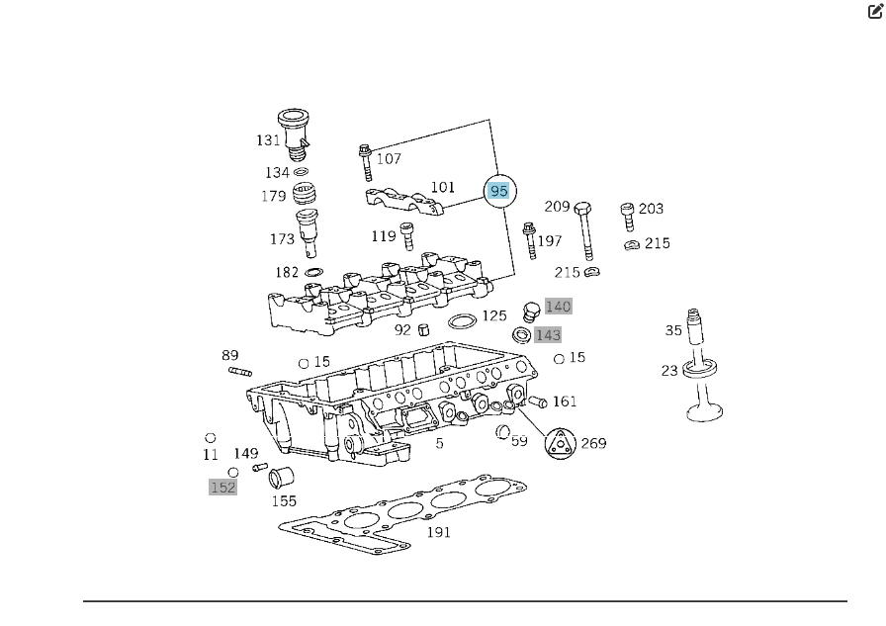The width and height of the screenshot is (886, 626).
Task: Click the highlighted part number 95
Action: (x=499, y=191)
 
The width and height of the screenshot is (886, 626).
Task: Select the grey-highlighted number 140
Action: (x=559, y=307)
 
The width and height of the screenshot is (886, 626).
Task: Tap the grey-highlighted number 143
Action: (x=548, y=335)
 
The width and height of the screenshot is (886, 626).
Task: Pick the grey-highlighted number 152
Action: (x=223, y=487)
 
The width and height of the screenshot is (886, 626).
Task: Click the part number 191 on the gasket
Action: (x=438, y=532)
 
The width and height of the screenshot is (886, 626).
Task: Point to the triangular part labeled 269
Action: (x=561, y=444)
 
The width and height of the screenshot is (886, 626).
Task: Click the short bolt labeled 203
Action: (x=626, y=216)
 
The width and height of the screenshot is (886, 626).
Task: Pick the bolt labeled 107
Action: (x=365, y=162)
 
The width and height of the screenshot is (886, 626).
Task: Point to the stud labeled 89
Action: (x=241, y=372)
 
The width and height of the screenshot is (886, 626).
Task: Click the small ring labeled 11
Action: (x=211, y=437)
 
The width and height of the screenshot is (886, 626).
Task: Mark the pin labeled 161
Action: (x=538, y=402)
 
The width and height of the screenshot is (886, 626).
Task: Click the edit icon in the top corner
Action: (x=875, y=12)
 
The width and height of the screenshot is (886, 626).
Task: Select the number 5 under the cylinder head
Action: (x=440, y=443)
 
